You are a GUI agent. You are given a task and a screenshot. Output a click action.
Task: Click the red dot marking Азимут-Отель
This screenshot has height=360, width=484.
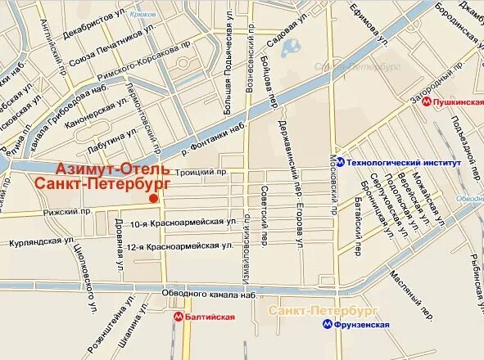pos(152,198)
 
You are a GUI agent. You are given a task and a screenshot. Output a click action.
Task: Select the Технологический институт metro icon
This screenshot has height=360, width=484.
pos(339,162)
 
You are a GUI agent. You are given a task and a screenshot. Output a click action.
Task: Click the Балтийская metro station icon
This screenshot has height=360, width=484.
pos(178,316)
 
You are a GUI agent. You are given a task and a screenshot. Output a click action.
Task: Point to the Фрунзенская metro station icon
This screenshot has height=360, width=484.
pos(326,324)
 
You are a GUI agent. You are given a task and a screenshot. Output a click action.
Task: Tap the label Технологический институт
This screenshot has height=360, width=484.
pos(404,162)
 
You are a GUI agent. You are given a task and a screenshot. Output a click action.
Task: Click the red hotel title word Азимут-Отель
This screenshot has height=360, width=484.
pos(113,169)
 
